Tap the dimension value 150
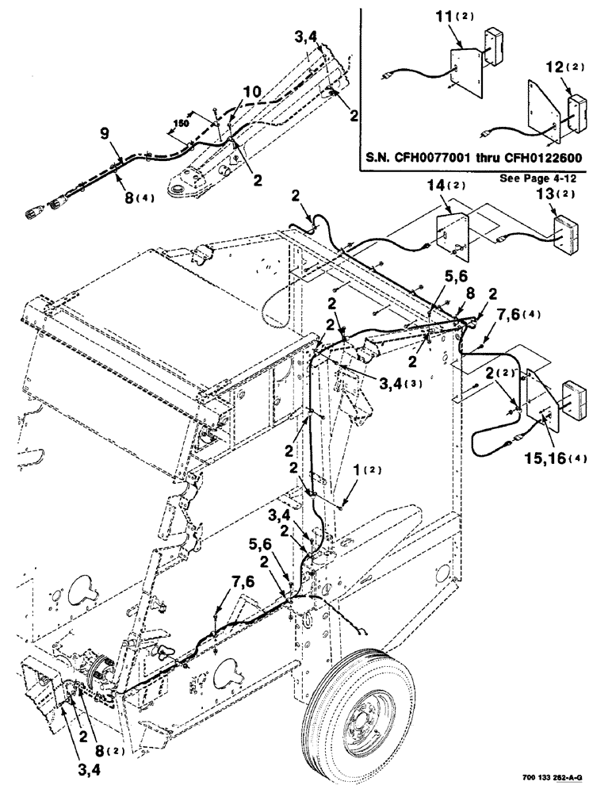pos(182,123)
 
